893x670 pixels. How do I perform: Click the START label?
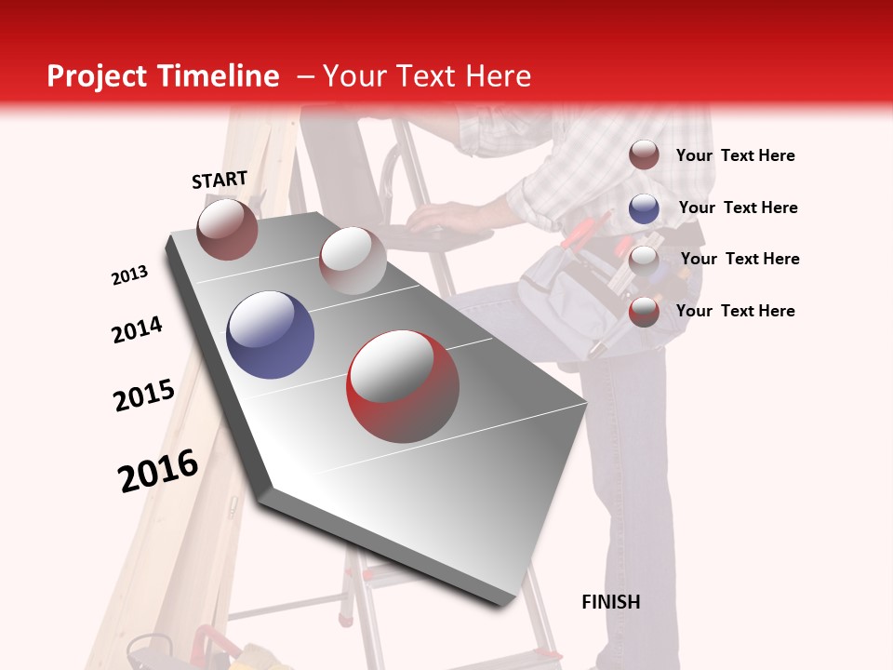(220, 180)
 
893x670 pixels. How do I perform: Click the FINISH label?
(610, 602)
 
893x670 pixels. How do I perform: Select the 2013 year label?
(129, 275)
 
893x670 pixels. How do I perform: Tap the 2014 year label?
(137, 329)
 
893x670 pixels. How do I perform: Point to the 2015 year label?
(144, 395)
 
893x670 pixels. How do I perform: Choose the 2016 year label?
(158, 470)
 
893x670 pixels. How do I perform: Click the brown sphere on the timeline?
(227, 229)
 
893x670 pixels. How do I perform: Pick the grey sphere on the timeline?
(353, 261)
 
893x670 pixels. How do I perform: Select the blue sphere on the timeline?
(270, 335)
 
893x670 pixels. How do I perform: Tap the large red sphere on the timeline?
(403, 386)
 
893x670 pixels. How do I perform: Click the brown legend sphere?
(644, 155)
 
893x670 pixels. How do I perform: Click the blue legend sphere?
(644, 208)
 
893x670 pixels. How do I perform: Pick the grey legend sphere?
(644, 260)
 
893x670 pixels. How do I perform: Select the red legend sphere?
(644, 312)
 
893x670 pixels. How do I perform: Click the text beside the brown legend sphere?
(735, 155)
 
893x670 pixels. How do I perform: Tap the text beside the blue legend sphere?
(738, 208)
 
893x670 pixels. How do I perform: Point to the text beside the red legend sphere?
(735, 311)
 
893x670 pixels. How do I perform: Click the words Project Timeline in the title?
(163, 76)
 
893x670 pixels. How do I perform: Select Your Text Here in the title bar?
(426, 76)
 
